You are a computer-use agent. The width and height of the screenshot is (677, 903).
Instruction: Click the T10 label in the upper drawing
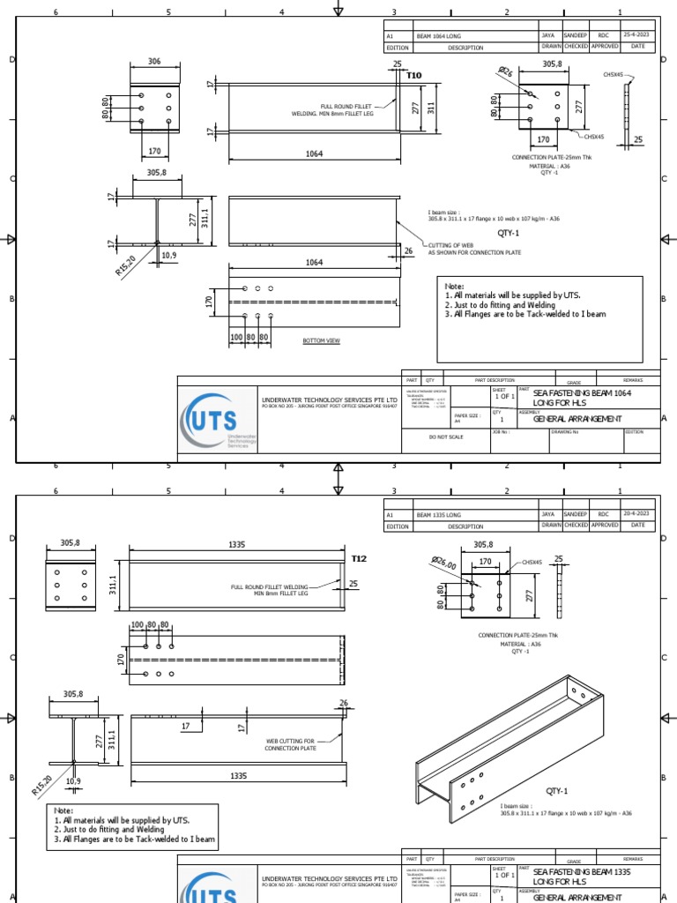coord(413,77)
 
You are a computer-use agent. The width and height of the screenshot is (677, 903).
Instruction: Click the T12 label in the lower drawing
coord(359,558)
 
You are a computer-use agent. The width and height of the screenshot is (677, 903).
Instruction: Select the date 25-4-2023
coord(637,36)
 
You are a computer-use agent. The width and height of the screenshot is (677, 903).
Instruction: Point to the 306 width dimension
coord(154,63)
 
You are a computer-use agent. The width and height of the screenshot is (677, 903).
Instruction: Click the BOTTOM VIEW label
coord(321,340)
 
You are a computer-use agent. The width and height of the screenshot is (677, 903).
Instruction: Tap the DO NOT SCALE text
coord(445,437)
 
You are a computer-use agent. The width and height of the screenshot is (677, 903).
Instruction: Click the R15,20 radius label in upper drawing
coord(126,265)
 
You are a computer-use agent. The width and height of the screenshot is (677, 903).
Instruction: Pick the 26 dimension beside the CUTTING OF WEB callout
coord(407,250)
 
